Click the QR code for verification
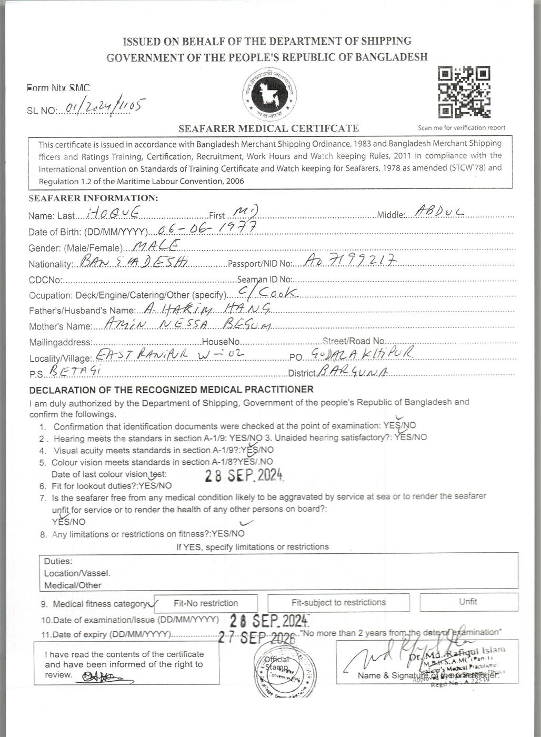click(x=464, y=92)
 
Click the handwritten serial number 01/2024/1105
click(x=103, y=107)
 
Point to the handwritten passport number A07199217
click(x=350, y=261)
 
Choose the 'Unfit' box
click(x=468, y=602)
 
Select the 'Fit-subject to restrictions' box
click(x=338, y=602)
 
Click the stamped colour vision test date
click(x=245, y=475)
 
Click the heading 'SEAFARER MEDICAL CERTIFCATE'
click(x=268, y=128)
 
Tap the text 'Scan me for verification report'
click(x=462, y=127)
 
